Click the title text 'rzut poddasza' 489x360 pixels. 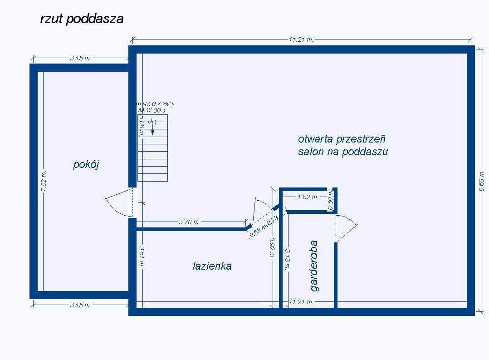[82, 19]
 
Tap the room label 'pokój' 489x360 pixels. [86, 164]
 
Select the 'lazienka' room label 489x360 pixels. [212, 266]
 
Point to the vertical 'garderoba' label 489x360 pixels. [314, 266]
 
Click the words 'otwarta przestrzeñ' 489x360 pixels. [342, 138]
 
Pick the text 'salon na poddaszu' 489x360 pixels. [343, 152]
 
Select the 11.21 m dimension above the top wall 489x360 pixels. [301, 39]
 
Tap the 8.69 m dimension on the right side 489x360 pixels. [482, 181]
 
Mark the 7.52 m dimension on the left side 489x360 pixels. [44, 182]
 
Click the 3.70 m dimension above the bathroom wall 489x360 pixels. [189, 222]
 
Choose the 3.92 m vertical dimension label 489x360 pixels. [271, 248]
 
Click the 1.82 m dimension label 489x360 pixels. [308, 197]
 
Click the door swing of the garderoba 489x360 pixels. [347, 227]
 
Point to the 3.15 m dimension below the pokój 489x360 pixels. [80, 305]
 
